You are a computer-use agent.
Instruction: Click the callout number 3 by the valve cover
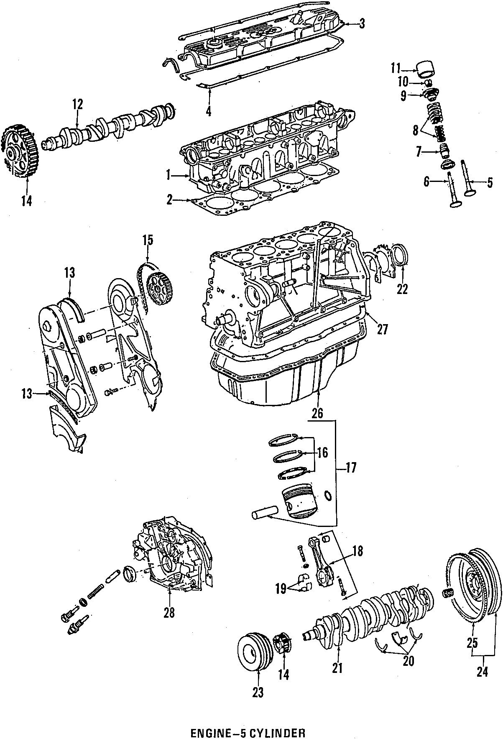pos(362,24)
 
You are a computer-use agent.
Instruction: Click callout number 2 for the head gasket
pos(169,201)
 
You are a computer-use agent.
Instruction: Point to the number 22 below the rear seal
pos(402,289)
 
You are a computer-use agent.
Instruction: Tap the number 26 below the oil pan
pos(317,413)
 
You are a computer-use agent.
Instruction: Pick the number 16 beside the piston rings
pos(322,452)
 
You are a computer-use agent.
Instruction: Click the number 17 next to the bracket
pos(351,468)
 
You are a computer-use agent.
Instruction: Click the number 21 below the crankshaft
pos(337,668)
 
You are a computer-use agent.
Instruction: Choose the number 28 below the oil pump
pos(169,613)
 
